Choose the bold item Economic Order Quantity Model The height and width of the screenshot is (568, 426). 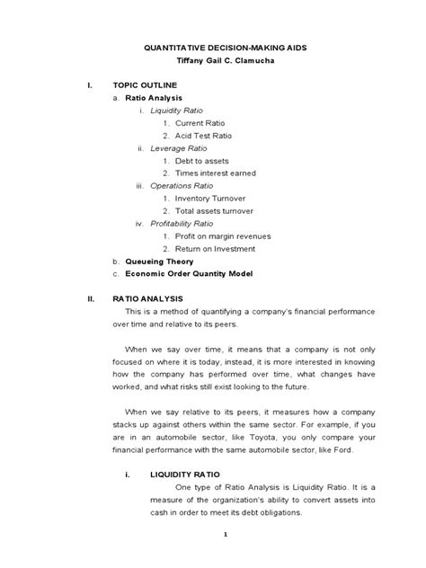pos(190,273)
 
